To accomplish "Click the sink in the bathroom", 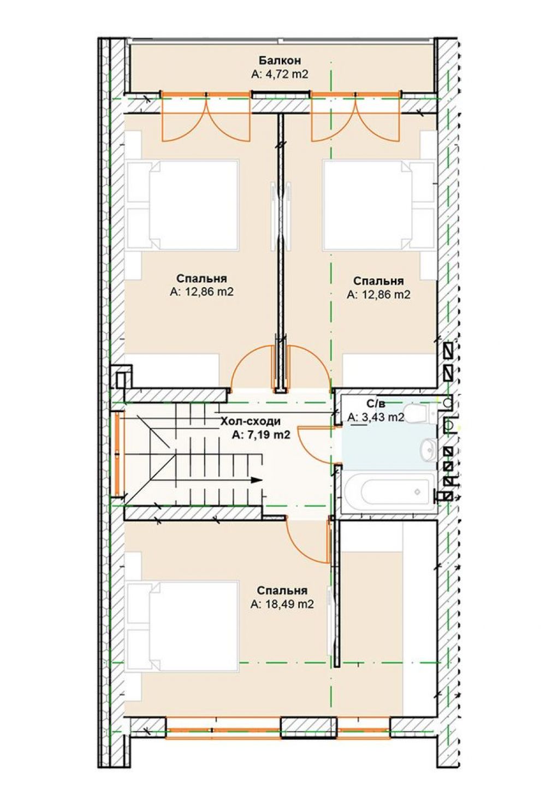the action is [429, 449].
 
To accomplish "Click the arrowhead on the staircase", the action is [256, 480].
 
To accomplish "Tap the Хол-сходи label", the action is [250, 421].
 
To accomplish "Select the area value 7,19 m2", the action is [261, 435].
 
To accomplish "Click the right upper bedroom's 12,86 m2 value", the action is [378, 294].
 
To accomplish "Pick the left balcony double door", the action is [206, 116].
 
